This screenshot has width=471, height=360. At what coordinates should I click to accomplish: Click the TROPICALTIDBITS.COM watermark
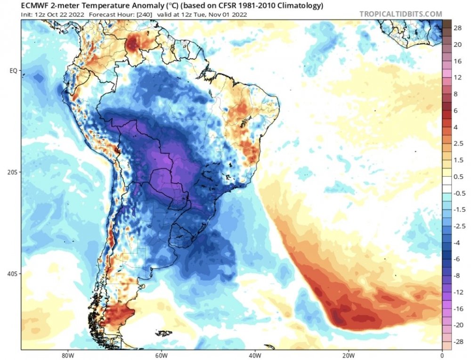[401, 14]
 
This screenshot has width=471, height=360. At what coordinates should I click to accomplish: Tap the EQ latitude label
[14, 71]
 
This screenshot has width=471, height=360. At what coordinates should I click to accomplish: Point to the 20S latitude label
[13, 172]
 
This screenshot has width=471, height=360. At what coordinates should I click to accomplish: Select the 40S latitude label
[13, 274]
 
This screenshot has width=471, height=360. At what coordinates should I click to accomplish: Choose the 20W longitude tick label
[348, 355]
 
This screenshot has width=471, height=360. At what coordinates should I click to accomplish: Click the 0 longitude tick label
[442, 355]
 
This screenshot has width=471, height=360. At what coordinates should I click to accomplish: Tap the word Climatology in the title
[302, 6]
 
